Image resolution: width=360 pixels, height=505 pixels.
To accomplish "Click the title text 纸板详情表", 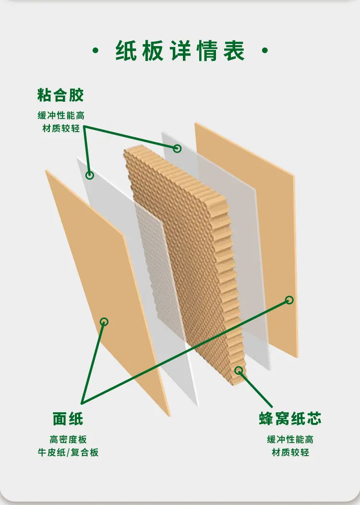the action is pyautogui.click(x=180, y=50).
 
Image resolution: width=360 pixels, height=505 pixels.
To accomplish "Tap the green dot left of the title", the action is pyautogui.click(x=96, y=50).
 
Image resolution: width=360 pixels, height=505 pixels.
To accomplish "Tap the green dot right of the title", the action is pyautogui.click(x=265, y=50).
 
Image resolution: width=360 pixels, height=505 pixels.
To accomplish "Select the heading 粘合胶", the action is pyautogui.click(x=60, y=95).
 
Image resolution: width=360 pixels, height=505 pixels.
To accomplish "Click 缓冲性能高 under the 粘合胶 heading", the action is pyautogui.click(x=61, y=116).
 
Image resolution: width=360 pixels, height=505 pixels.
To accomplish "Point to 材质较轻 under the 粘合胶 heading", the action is pyautogui.click(x=61, y=129).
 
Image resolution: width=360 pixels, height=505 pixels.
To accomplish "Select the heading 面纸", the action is pyautogui.click(x=68, y=419).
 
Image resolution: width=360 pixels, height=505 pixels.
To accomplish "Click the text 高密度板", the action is pyautogui.click(x=68, y=440).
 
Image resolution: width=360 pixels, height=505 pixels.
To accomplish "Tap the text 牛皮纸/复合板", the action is pyautogui.click(x=68, y=453).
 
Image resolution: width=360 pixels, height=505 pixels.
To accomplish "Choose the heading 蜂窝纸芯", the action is pyautogui.click(x=290, y=419).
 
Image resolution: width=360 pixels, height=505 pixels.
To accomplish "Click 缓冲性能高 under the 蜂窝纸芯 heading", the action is pyautogui.click(x=290, y=440).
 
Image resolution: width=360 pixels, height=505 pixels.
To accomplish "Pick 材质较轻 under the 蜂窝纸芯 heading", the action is pyautogui.click(x=290, y=453).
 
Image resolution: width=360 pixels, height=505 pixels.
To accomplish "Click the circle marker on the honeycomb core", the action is pyautogui.click(x=239, y=371).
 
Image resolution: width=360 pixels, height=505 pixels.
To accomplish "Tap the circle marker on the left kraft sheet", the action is pyautogui.click(x=104, y=322).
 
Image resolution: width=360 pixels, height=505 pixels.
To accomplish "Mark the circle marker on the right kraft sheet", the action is pyautogui.click(x=289, y=300).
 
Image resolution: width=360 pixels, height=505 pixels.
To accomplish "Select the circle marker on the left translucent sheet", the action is pyautogui.click(x=90, y=175).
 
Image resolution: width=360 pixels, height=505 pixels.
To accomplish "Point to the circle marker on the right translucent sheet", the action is pyautogui.click(x=177, y=148).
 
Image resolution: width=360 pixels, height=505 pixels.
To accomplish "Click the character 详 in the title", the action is pyautogui.click(x=180, y=50).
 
